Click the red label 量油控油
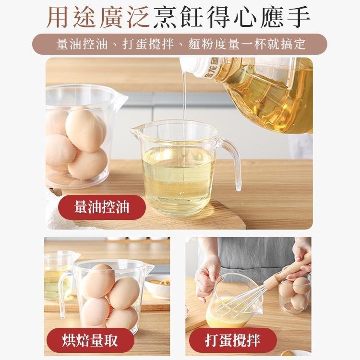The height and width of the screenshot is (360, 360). coord(102,207)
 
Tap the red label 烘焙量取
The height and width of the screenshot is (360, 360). coord(90,340)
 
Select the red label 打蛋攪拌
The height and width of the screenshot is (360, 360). coord(233,340)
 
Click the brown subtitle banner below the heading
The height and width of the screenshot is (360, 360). coord(180,44)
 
